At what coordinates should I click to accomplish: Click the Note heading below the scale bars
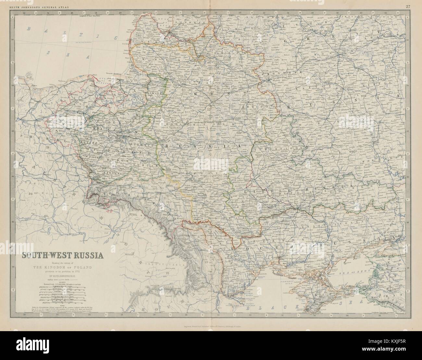[x=63, y=303]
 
